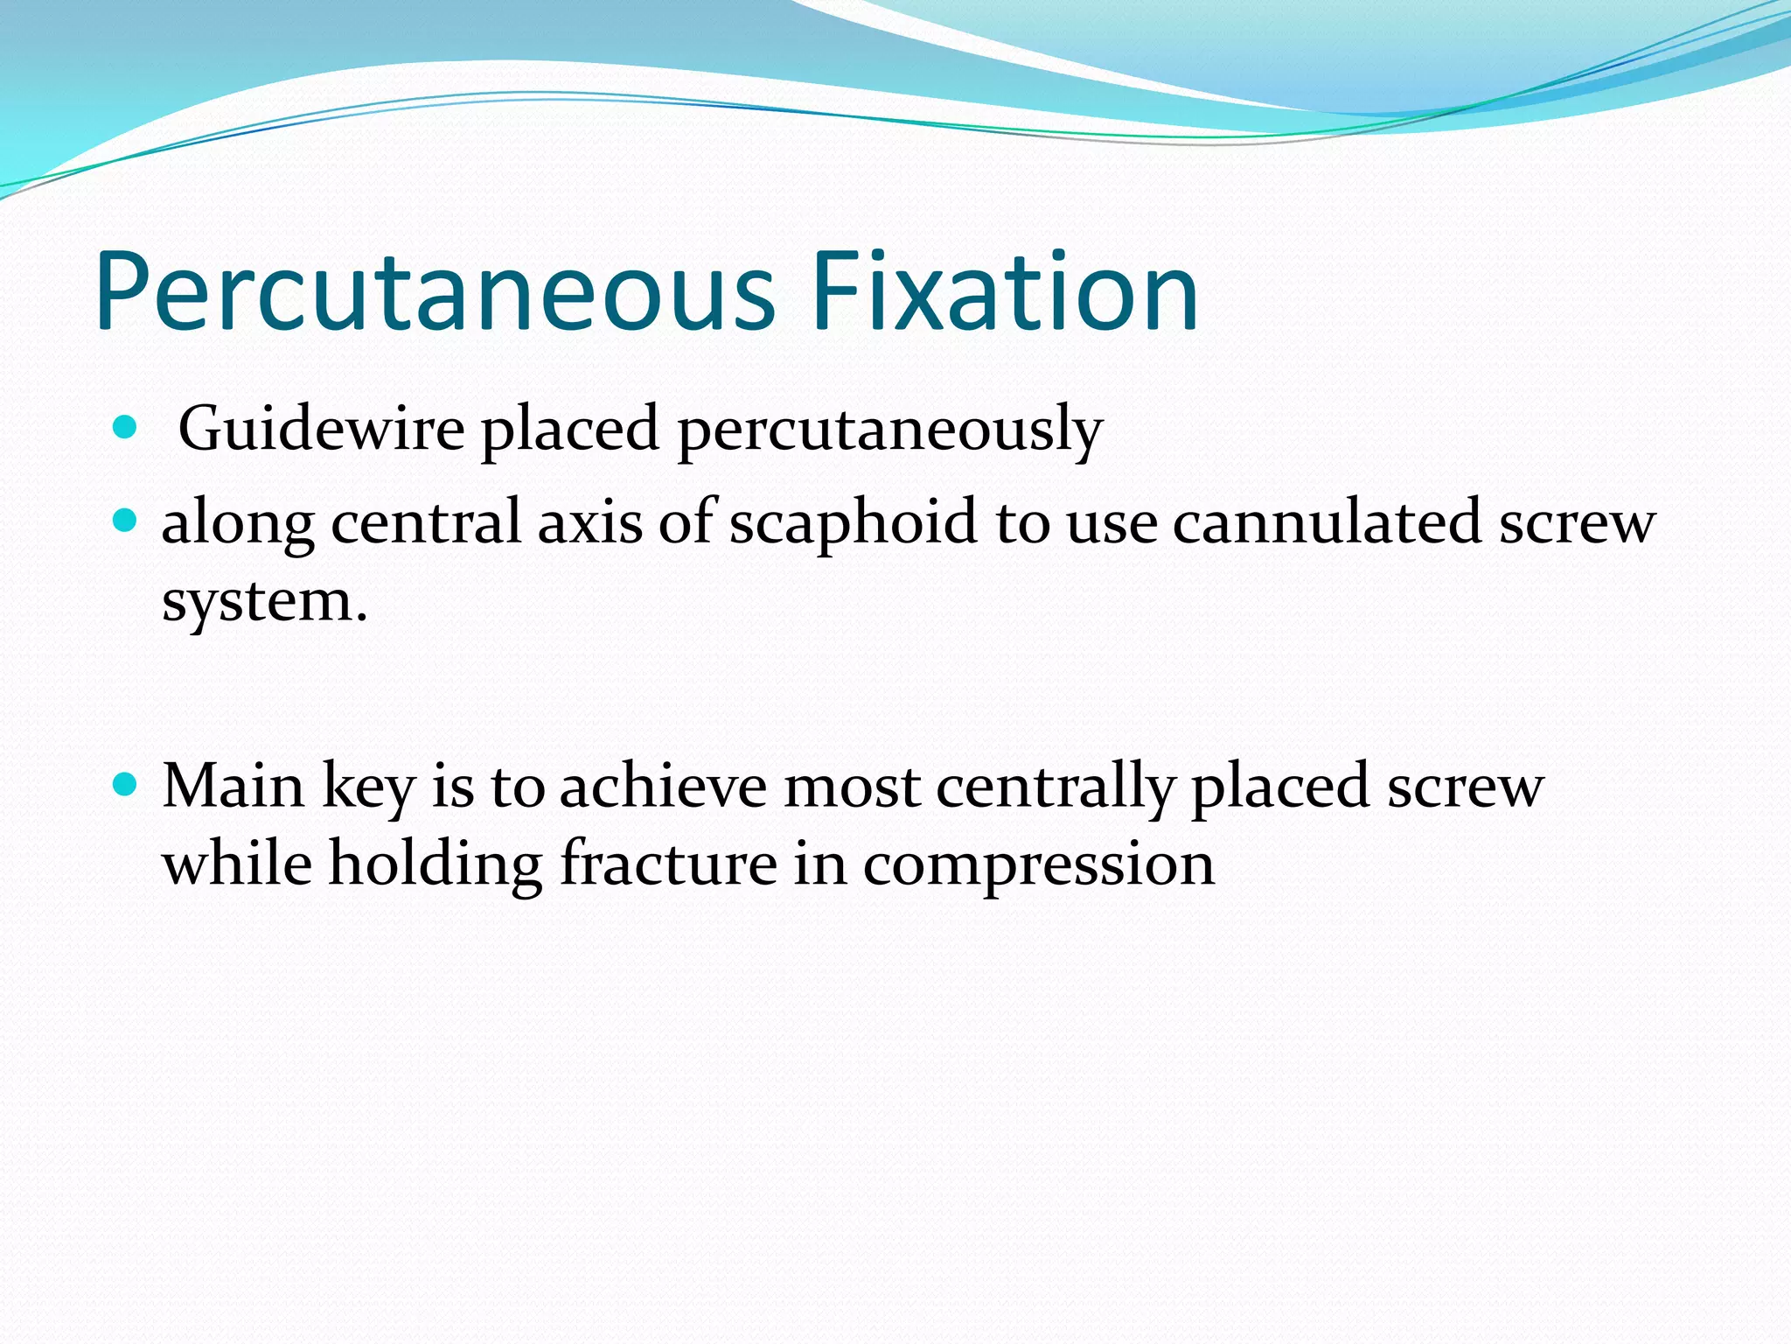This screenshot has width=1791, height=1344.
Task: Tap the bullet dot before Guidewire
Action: click(126, 428)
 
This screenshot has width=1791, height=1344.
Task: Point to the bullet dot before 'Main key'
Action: click(126, 785)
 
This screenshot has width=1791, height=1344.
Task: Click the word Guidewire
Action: click(321, 429)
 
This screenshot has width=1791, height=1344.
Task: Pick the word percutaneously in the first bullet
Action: click(889, 430)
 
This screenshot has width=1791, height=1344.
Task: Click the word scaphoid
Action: click(853, 522)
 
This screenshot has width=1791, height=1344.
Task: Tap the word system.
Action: click(264, 603)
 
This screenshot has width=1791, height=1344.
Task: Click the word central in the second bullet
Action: click(426, 522)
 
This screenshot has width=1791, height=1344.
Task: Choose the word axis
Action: click(589, 522)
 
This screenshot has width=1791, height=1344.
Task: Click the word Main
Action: click(233, 786)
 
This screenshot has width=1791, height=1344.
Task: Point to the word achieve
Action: click(663, 786)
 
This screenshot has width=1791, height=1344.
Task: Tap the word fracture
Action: click(668, 864)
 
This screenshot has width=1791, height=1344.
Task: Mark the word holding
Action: click(436, 865)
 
